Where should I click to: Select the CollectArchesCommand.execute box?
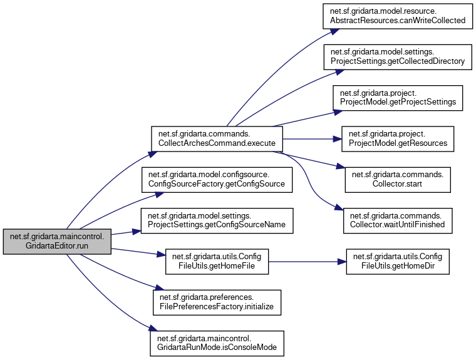click(217, 139)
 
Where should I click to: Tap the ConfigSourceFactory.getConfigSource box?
click(217, 180)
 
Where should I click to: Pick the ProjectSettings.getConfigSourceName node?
click(217, 220)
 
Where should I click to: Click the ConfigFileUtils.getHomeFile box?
click(217, 261)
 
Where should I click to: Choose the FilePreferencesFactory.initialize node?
click(217, 302)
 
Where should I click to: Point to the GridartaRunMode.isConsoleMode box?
click(217, 342)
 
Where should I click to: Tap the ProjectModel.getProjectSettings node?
click(398, 98)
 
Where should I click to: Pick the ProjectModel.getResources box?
click(398, 139)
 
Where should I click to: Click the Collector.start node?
click(398, 180)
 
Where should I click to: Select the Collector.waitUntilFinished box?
click(398, 220)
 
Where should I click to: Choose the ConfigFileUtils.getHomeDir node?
click(398, 261)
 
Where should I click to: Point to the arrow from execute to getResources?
click(310, 139)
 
